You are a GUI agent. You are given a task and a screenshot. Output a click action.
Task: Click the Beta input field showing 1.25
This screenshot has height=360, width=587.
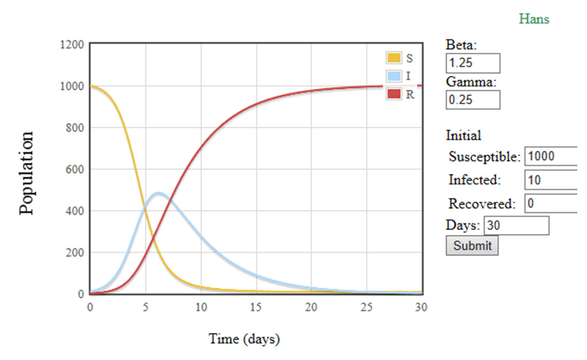pyautogui.click(x=472, y=63)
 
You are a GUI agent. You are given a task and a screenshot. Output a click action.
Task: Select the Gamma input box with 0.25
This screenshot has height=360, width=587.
pyautogui.click(x=472, y=100)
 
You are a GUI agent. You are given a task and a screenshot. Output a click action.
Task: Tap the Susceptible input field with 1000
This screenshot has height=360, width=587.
pyautogui.click(x=555, y=156)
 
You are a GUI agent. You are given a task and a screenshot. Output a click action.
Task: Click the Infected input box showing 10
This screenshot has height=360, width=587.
pyautogui.click(x=555, y=180)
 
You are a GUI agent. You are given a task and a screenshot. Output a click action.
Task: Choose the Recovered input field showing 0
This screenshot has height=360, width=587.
pyautogui.click(x=555, y=203)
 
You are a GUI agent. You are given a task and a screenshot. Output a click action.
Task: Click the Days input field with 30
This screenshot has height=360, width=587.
pyautogui.click(x=516, y=225)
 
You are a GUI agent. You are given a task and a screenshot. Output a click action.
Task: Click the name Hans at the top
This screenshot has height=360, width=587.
pyautogui.click(x=534, y=20)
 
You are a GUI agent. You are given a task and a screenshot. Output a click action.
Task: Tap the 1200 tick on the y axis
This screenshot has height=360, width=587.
pyautogui.click(x=72, y=44)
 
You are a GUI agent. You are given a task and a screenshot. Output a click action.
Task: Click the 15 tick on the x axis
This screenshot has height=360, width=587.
pyautogui.click(x=256, y=307)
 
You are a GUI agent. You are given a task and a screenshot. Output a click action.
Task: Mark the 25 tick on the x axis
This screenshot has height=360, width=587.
pyautogui.click(x=367, y=307)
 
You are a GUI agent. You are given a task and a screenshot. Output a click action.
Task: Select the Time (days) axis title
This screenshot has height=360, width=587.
pyautogui.click(x=244, y=339)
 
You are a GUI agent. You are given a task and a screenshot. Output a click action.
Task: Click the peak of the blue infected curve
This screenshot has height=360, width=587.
pyautogui.click(x=158, y=194)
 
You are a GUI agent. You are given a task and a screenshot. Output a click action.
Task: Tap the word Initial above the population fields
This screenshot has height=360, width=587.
pyautogui.click(x=463, y=136)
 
